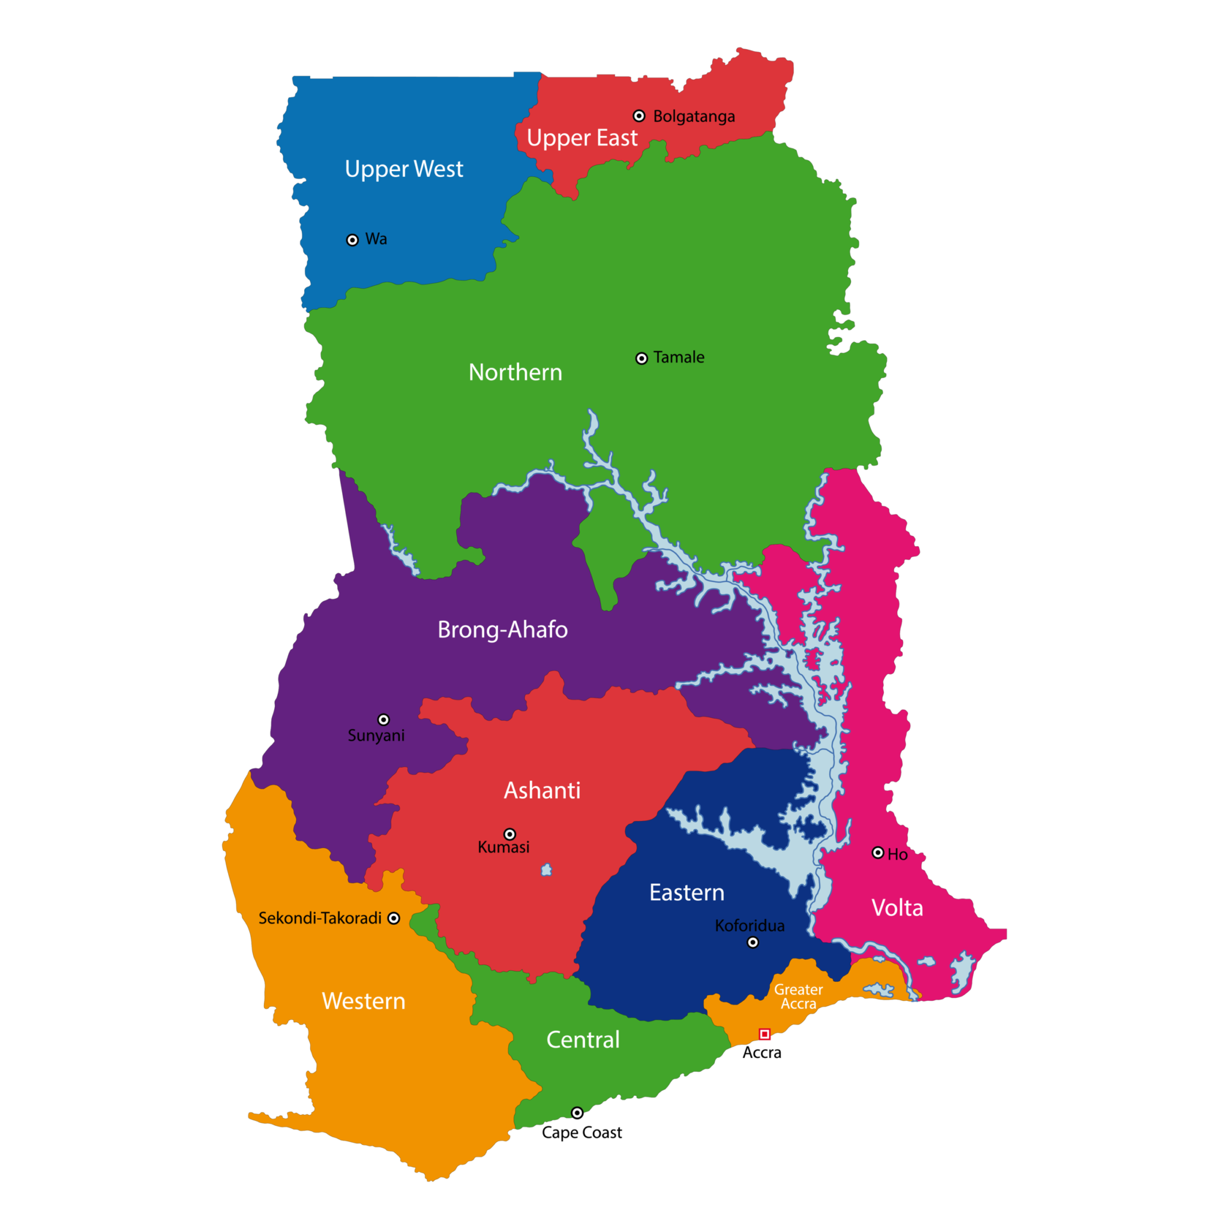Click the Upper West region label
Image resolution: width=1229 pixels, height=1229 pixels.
click(x=403, y=169)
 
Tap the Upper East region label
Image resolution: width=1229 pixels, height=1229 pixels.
click(x=581, y=138)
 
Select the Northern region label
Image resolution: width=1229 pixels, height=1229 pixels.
click(x=515, y=373)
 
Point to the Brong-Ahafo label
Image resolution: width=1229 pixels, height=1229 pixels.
click(x=502, y=630)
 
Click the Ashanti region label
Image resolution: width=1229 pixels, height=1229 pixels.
click(x=542, y=791)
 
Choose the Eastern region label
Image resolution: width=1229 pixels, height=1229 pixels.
click(x=687, y=893)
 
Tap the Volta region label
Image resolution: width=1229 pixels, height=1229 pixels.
click(x=897, y=909)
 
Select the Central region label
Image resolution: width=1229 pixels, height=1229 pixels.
click(x=583, y=1040)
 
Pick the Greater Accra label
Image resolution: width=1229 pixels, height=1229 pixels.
click(x=798, y=997)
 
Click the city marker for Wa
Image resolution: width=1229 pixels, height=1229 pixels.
click(x=352, y=240)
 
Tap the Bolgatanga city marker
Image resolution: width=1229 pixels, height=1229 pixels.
click(x=639, y=116)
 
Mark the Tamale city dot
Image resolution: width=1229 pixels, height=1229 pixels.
click(x=642, y=359)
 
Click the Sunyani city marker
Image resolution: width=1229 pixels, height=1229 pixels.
click(x=383, y=720)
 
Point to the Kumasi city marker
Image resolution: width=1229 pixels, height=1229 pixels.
click(x=509, y=834)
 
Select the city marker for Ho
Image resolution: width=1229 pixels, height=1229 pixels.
click(x=878, y=852)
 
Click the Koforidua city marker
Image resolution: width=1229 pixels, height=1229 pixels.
click(x=753, y=942)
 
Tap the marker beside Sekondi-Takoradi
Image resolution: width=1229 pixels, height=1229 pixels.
click(x=394, y=918)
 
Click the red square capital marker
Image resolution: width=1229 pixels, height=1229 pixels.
click(x=765, y=1035)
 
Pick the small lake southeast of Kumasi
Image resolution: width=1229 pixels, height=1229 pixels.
click(x=547, y=870)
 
